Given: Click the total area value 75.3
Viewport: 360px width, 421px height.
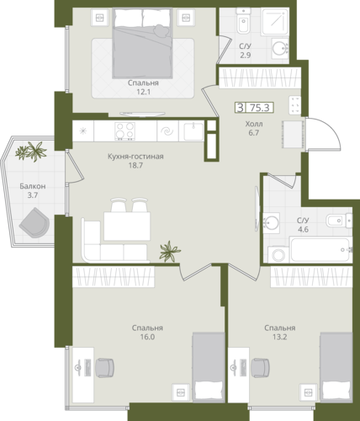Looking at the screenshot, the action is pyautogui.click(x=260, y=108).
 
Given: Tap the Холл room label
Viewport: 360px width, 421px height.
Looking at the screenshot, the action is pyautogui.click(x=254, y=124).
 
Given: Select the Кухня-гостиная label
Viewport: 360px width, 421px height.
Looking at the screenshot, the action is pyautogui.click(x=135, y=157).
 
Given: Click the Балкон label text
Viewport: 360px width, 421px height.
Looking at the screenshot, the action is pyautogui.click(x=33, y=186).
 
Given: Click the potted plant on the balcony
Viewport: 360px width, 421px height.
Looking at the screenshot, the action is pyautogui.click(x=31, y=152).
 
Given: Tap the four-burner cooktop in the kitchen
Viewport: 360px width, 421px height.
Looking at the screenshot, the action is pyautogui.click(x=125, y=131).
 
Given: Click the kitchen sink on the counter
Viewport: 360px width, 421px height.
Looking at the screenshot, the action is pyautogui.click(x=193, y=131).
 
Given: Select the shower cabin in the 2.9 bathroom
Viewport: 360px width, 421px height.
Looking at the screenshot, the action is pyautogui.click(x=275, y=21).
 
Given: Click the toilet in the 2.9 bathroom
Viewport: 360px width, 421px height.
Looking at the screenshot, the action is pyautogui.click(x=243, y=21).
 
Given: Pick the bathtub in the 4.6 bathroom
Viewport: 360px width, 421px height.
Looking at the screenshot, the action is pyautogui.click(x=320, y=249).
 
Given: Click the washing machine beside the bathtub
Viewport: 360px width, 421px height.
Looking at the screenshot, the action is pyautogui.click(x=278, y=255).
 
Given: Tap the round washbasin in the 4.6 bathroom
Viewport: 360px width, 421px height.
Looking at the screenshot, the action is pyautogui.click(x=271, y=223).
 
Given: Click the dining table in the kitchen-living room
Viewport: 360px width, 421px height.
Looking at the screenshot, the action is pyautogui.click(x=127, y=226).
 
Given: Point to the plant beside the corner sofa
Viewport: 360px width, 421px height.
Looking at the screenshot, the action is pyautogui.click(x=169, y=252).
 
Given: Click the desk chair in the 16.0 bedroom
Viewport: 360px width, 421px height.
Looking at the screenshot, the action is pyautogui.click(x=104, y=367).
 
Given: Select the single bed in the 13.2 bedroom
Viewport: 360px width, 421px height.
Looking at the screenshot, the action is pyautogui.click(x=336, y=368).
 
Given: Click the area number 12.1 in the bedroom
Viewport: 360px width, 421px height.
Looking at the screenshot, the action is pyautogui.click(x=143, y=92).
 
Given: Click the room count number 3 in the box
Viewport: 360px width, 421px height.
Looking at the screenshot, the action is pyautogui.click(x=241, y=108).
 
